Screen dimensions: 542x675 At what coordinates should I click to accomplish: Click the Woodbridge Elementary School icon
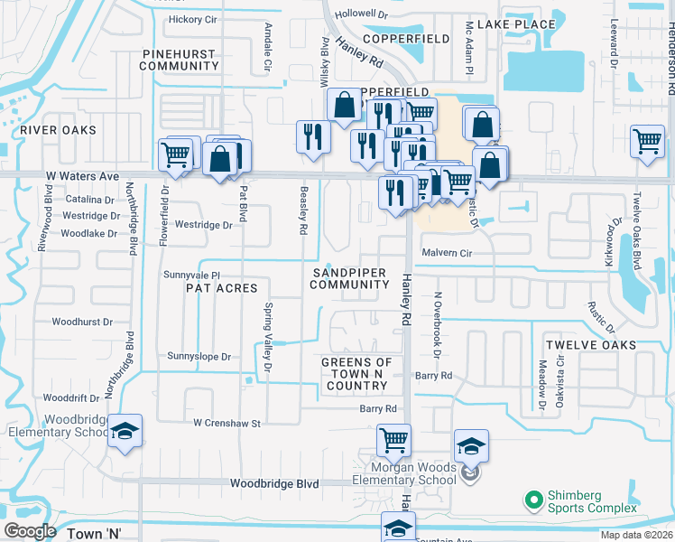125,429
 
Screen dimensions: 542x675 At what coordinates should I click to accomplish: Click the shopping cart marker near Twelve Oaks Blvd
647,140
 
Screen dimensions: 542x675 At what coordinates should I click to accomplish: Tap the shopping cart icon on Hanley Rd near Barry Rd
393,440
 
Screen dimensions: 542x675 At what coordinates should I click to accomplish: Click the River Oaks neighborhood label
64,130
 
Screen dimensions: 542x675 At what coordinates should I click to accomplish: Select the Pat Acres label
221,288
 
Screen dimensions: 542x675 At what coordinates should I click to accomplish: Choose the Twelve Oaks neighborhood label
590,345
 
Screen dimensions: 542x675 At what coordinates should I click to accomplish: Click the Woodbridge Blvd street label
274,484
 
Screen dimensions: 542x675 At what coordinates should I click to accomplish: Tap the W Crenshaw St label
227,423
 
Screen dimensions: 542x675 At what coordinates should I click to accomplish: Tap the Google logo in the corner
30,531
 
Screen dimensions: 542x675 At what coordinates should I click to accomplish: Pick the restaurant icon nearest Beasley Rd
312,136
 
